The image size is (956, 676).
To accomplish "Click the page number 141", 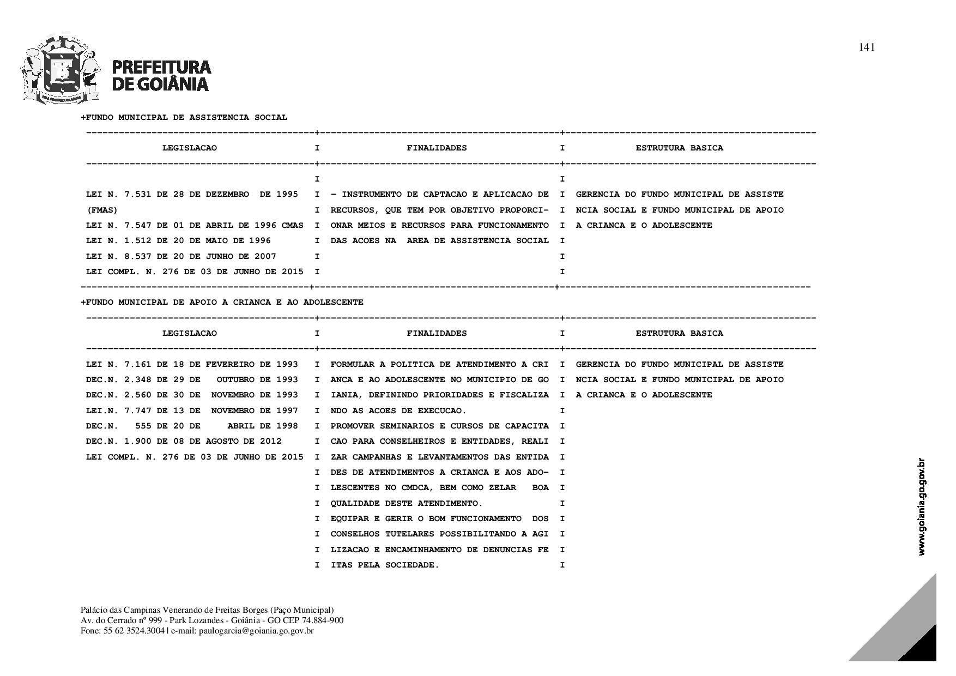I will point(866,47).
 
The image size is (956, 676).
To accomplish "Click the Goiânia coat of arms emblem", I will point(60,70).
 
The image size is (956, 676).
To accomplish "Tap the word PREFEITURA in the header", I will point(161,67).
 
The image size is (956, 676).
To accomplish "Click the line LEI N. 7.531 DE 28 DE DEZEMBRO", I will point(192,195).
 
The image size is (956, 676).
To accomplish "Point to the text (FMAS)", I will point(102,210).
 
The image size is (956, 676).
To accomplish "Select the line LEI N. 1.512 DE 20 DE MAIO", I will point(178,240).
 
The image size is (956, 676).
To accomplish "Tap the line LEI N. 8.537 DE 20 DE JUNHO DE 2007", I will point(181,256).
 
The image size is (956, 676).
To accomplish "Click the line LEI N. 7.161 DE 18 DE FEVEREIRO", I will point(192,364).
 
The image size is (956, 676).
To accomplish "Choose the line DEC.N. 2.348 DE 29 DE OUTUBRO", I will point(192,379).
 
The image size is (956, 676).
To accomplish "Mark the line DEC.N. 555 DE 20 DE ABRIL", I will point(192,426).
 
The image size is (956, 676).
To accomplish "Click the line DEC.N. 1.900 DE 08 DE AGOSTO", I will point(184,441).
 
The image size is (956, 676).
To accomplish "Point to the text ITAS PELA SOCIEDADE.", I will point(385,565).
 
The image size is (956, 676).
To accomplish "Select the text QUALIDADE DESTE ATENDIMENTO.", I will point(407,503).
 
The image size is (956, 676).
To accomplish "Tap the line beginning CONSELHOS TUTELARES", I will point(439,534).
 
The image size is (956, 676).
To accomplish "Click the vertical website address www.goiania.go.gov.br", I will point(922,507).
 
